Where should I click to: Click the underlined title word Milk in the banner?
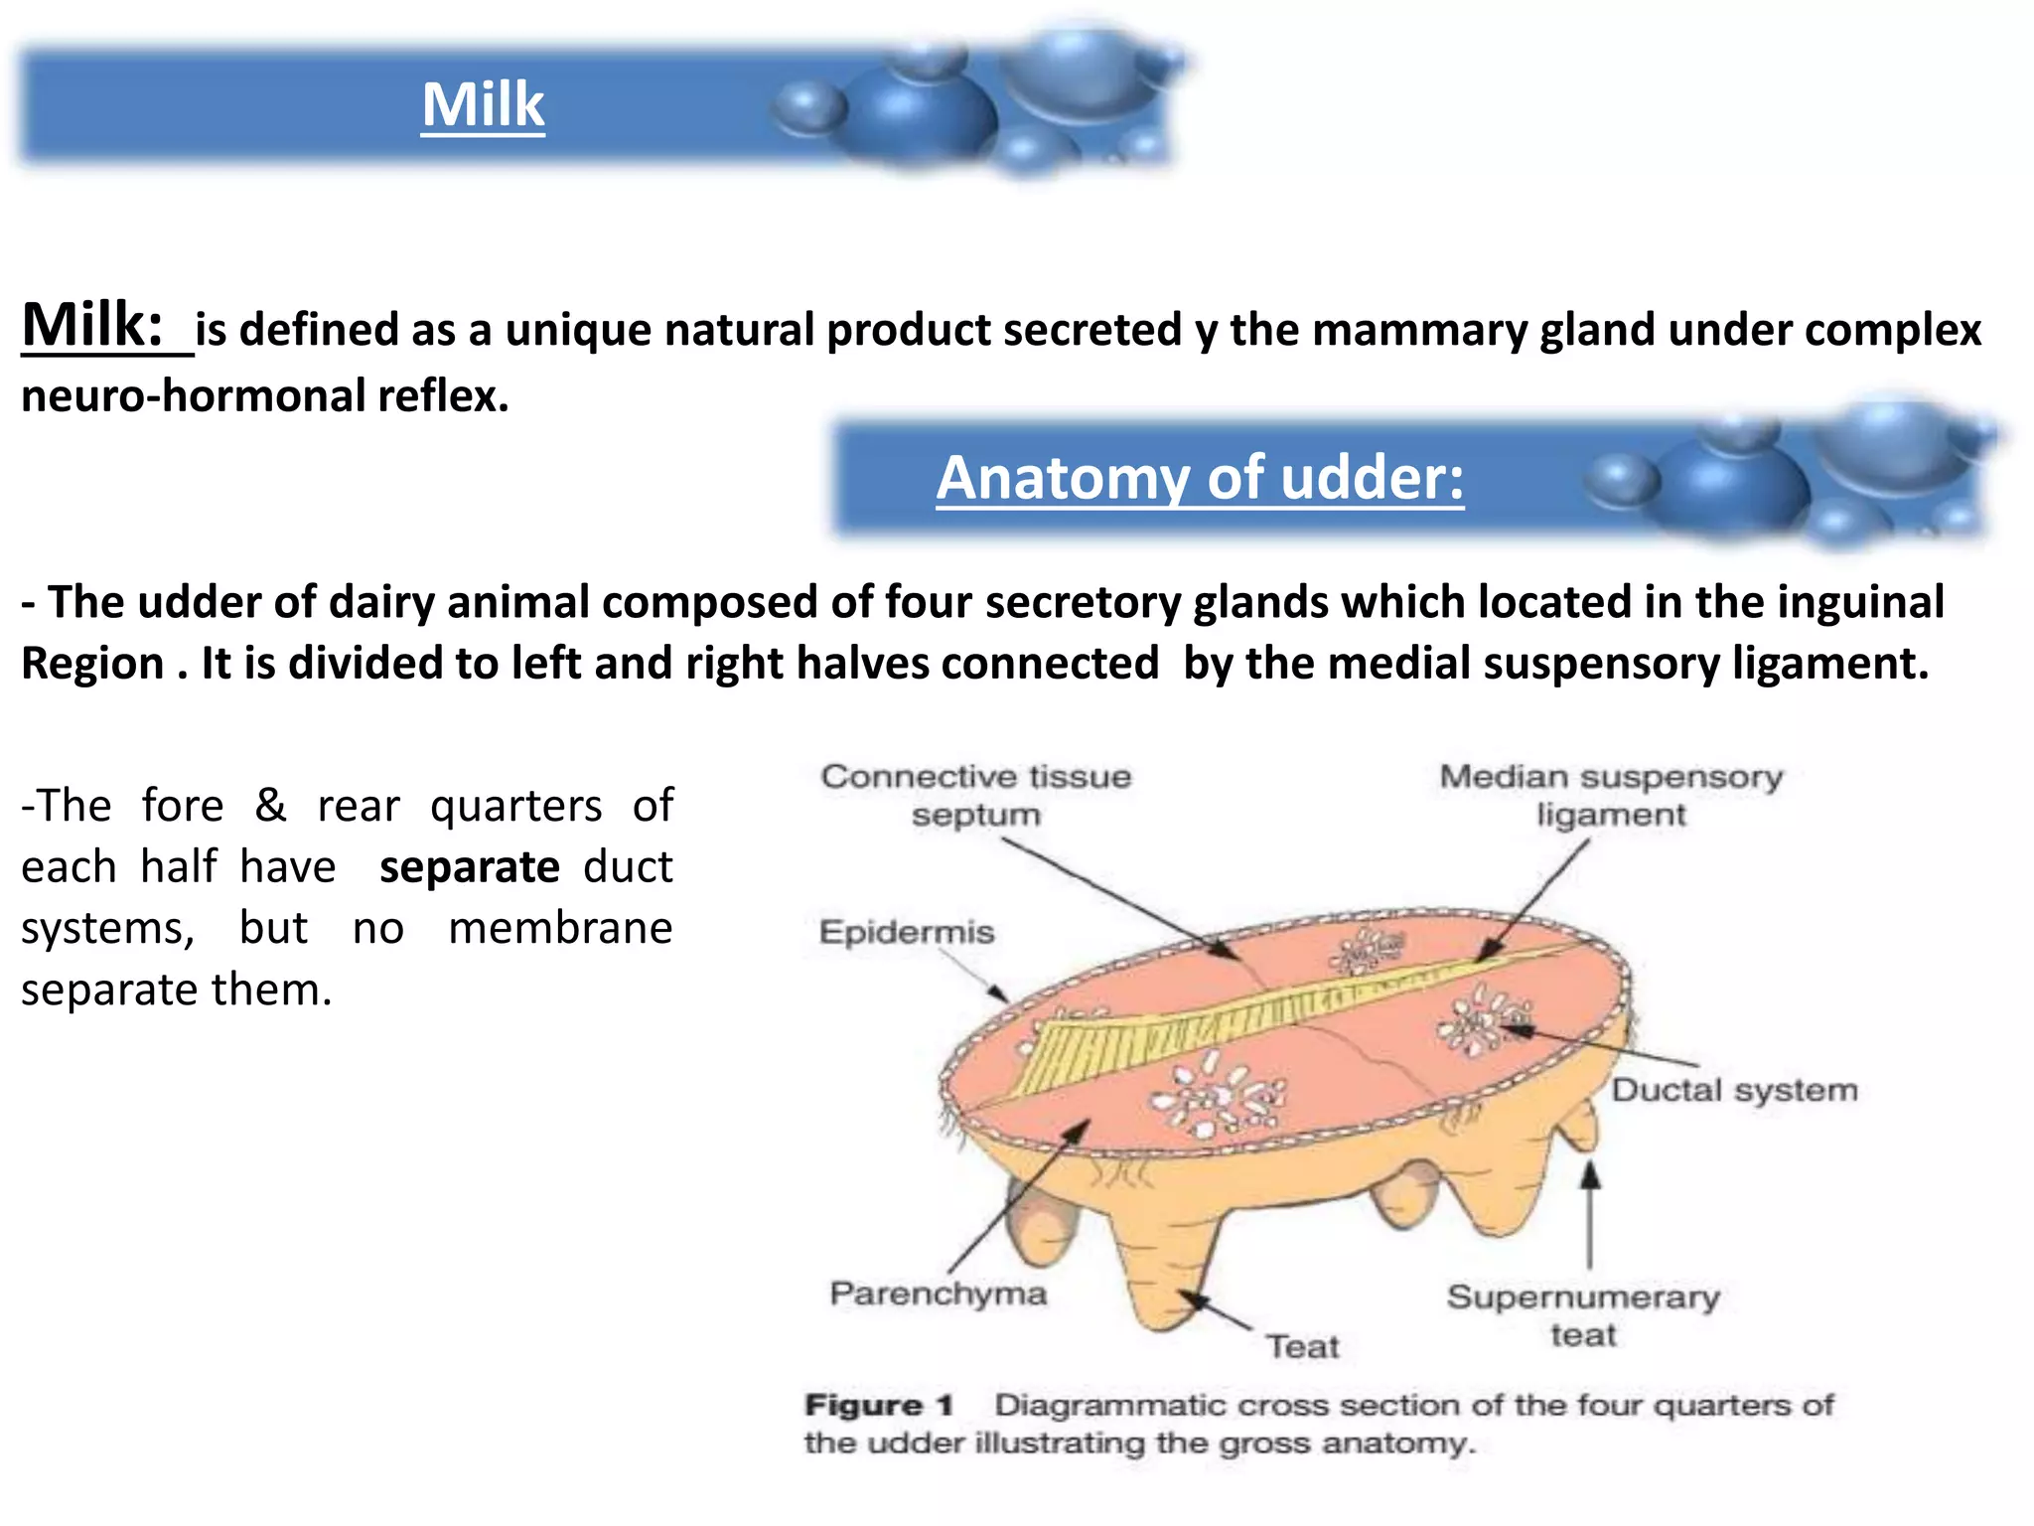(x=484, y=105)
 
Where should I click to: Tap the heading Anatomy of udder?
(x=1200, y=478)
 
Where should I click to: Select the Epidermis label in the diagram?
(x=906, y=932)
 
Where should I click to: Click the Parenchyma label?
(x=939, y=1294)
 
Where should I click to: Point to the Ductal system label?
(x=1734, y=1090)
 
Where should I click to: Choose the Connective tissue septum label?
(x=976, y=795)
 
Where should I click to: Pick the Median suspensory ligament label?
(x=1611, y=795)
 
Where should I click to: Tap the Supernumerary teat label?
(x=1583, y=1315)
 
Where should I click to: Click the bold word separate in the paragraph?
(x=470, y=867)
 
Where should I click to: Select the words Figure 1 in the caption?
(x=879, y=1406)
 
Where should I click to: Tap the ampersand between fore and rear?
(x=270, y=806)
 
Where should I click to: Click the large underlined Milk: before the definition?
(x=93, y=326)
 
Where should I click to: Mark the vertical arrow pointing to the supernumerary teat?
(x=1590, y=1217)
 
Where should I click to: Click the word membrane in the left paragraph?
(x=560, y=929)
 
